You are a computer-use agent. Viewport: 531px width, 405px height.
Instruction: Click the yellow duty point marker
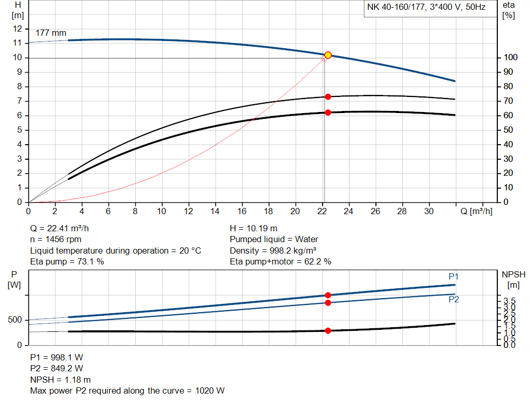[x=328, y=55]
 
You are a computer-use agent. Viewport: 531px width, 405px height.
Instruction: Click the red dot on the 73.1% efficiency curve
[x=328, y=97]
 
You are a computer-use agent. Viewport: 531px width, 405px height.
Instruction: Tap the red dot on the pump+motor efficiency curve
[x=328, y=113]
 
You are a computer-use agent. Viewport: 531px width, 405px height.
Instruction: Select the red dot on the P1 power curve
[x=328, y=295]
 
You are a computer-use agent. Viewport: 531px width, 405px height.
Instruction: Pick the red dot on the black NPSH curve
[x=328, y=330]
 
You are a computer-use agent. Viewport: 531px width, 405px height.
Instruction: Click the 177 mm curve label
[x=47, y=33]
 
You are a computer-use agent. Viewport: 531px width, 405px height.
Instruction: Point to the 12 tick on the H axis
[x=18, y=29]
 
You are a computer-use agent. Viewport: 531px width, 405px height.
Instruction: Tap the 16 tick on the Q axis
[x=242, y=211]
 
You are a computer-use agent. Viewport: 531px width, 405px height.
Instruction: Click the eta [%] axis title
[x=509, y=10]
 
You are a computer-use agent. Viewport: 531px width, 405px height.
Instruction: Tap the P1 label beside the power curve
[x=454, y=276]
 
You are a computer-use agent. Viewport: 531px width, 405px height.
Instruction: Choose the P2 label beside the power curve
[x=454, y=299]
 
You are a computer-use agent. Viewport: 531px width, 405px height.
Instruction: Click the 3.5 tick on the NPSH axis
[x=510, y=301]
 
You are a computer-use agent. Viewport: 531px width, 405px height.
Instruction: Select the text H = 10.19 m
[x=254, y=228]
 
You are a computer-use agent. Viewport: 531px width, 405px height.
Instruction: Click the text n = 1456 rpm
[x=55, y=240]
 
